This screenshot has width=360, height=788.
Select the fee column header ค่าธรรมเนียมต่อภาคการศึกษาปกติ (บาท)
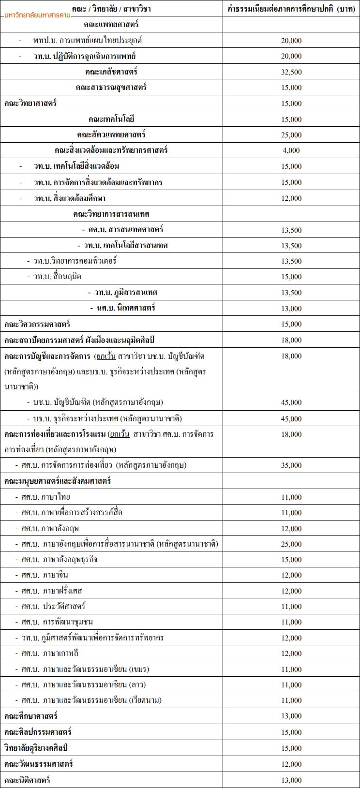coord(291,9)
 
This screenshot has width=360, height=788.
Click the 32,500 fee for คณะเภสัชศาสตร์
coord(291,72)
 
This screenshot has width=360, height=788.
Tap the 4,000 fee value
coord(291,150)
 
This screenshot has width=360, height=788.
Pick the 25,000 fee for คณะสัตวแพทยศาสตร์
coord(291,135)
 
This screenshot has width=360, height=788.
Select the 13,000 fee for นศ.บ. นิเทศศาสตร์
coord(291,309)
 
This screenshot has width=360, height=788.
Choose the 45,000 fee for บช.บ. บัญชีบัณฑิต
coord(291,402)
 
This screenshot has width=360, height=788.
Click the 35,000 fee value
coord(291,465)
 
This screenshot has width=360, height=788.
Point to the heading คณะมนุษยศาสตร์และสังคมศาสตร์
coord(58,481)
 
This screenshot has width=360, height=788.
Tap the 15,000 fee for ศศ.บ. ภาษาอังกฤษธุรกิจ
coord(291,560)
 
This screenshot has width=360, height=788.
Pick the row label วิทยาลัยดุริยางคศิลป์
coord(36,748)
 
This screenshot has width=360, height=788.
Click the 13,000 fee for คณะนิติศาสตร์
coord(291,780)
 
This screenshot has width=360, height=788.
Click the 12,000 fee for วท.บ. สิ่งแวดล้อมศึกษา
coord(291,198)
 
